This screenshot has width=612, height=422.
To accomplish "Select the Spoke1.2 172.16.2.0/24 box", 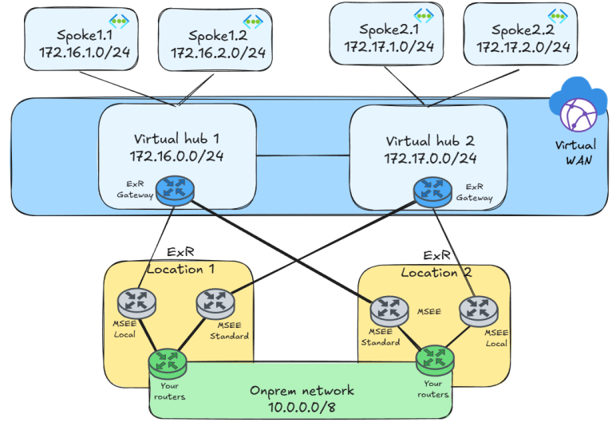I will click(x=218, y=44).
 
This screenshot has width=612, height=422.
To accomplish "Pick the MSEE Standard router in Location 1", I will click(x=214, y=302).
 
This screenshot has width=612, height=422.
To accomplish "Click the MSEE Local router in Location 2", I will click(x=479, y=308).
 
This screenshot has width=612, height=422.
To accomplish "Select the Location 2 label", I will click(x=436, y=272).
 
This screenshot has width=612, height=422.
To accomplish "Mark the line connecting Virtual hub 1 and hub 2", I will click(x=303, y=155).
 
